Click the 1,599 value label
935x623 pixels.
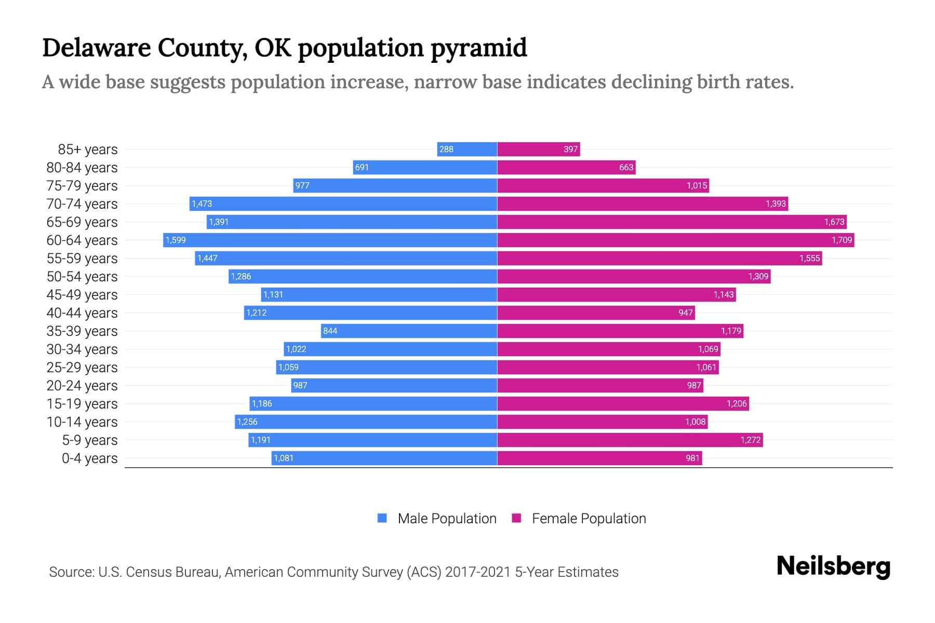tap(176, 240)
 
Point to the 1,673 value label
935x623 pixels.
tap(834, 222)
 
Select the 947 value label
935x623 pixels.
tap(685, 313)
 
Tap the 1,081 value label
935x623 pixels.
tap(284, 458)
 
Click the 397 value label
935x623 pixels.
tap(570, 150)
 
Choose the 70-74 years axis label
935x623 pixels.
tap(82, 204)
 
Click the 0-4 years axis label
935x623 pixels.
tap(89, 458)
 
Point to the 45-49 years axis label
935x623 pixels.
tap(82, 295)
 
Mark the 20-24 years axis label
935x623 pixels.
tap(82, 386)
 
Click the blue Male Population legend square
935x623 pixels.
tap(382, 518)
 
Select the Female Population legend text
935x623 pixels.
tap(589, 519)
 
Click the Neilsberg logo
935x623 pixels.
tap(833, 566)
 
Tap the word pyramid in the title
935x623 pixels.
tap(478, 48)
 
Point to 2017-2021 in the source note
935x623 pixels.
tap(478, 572)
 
